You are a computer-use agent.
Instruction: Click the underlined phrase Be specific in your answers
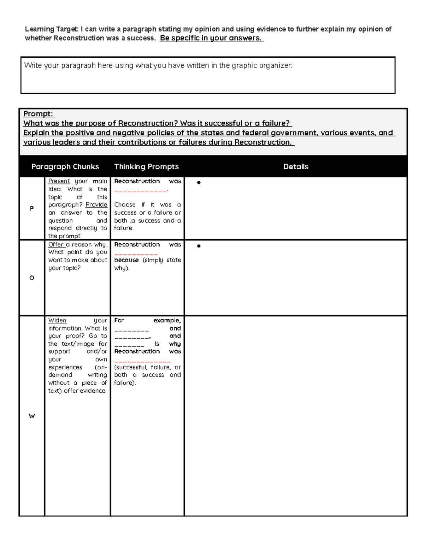pos(211,38)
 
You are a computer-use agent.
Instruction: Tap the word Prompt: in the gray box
pos(39,114)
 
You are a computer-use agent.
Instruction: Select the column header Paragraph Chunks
pos(65,167)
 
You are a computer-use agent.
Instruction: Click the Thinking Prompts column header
pos(146,167)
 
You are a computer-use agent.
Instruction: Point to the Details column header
pos(296,167)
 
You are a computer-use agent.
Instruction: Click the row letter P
pos(32,208)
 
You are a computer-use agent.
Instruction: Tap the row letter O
pos(32,278)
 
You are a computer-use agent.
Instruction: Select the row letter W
pos(32,416)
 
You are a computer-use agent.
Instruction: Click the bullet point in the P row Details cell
pos(199,183)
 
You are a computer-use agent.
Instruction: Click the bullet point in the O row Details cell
pos(199,246)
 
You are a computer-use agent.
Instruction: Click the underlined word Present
pos(59,181)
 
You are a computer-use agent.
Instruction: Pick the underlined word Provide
pos(96,205)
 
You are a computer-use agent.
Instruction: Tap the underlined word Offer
pos(56,244)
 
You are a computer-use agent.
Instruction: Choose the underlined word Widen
pos(57,320)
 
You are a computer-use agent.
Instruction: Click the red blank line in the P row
pos(141,191)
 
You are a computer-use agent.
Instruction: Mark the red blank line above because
pos(136,254)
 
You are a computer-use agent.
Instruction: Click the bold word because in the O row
pos(126,260)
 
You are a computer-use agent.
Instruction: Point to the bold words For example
pos(147,320)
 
